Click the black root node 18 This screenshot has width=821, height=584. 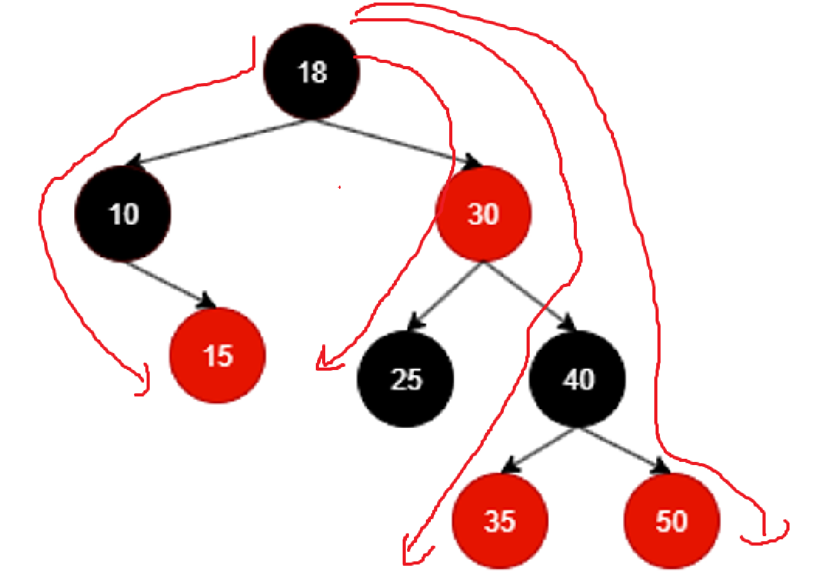point(312,71)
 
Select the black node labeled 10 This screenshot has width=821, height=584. point(123,213)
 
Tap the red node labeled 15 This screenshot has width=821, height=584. point(218,356)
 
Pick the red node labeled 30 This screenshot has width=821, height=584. point(484,213)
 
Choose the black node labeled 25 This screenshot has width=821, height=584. point(405,379)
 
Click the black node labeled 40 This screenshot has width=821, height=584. point(578,379)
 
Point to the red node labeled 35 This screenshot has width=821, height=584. point(500,521)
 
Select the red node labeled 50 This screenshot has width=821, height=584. point(671,521)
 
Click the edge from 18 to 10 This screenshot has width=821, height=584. point(220,142)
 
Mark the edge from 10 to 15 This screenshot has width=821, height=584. point(167,283)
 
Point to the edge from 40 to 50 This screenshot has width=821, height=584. point(620,448)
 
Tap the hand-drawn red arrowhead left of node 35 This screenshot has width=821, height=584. point(409,554)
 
